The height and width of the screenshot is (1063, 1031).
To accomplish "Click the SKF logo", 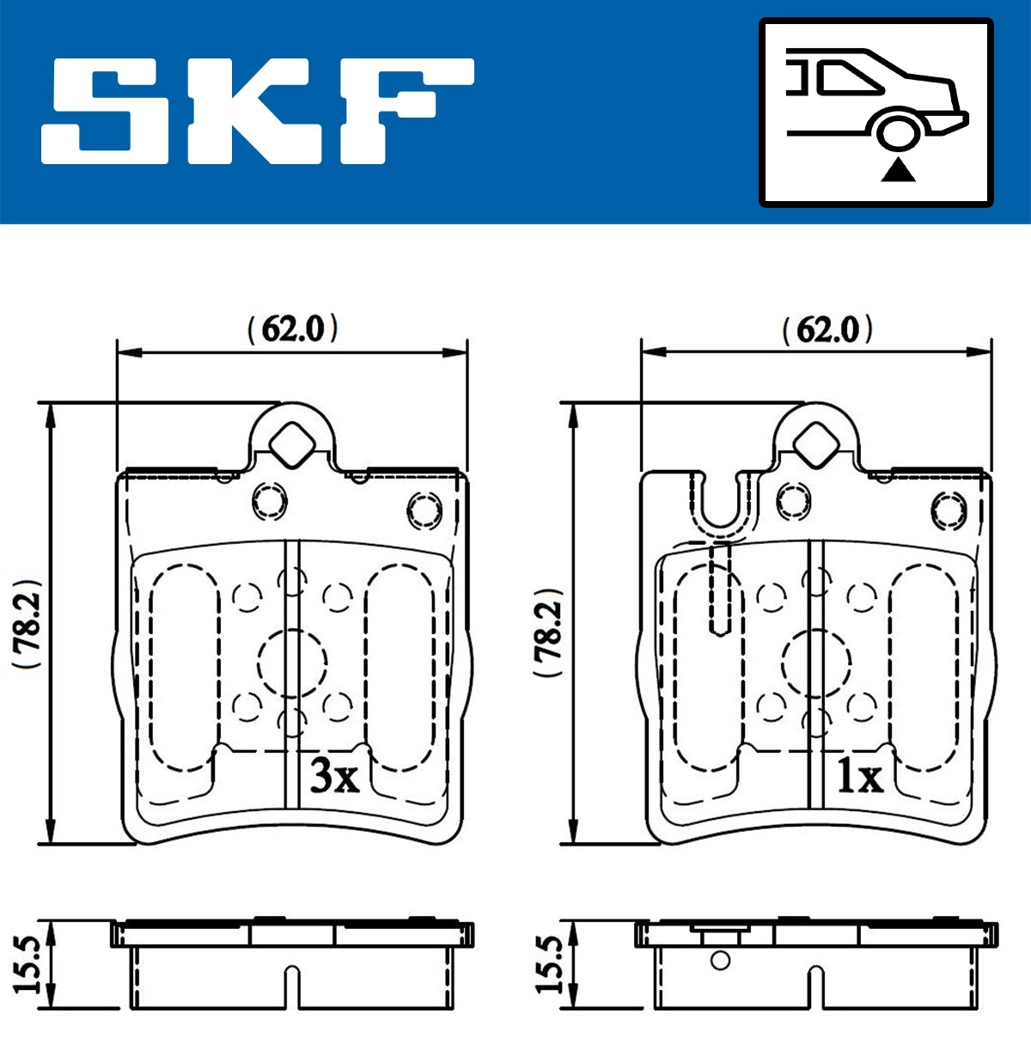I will coord(258,110).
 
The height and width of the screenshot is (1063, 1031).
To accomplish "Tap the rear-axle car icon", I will coord(876,112).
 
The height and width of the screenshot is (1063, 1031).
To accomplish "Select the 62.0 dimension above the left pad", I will coord(293,328).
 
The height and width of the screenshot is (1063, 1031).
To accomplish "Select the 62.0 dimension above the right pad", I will coord(827,330).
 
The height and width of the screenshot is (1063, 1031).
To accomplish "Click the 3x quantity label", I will coord(334,777).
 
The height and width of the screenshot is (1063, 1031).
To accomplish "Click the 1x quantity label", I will coord(860,778).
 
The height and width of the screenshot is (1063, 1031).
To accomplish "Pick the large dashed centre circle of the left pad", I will coord(293,662).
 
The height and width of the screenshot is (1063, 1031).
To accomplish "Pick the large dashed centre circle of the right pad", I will coord(816,662).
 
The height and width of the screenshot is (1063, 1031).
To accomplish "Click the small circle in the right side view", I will coord(720,960).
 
